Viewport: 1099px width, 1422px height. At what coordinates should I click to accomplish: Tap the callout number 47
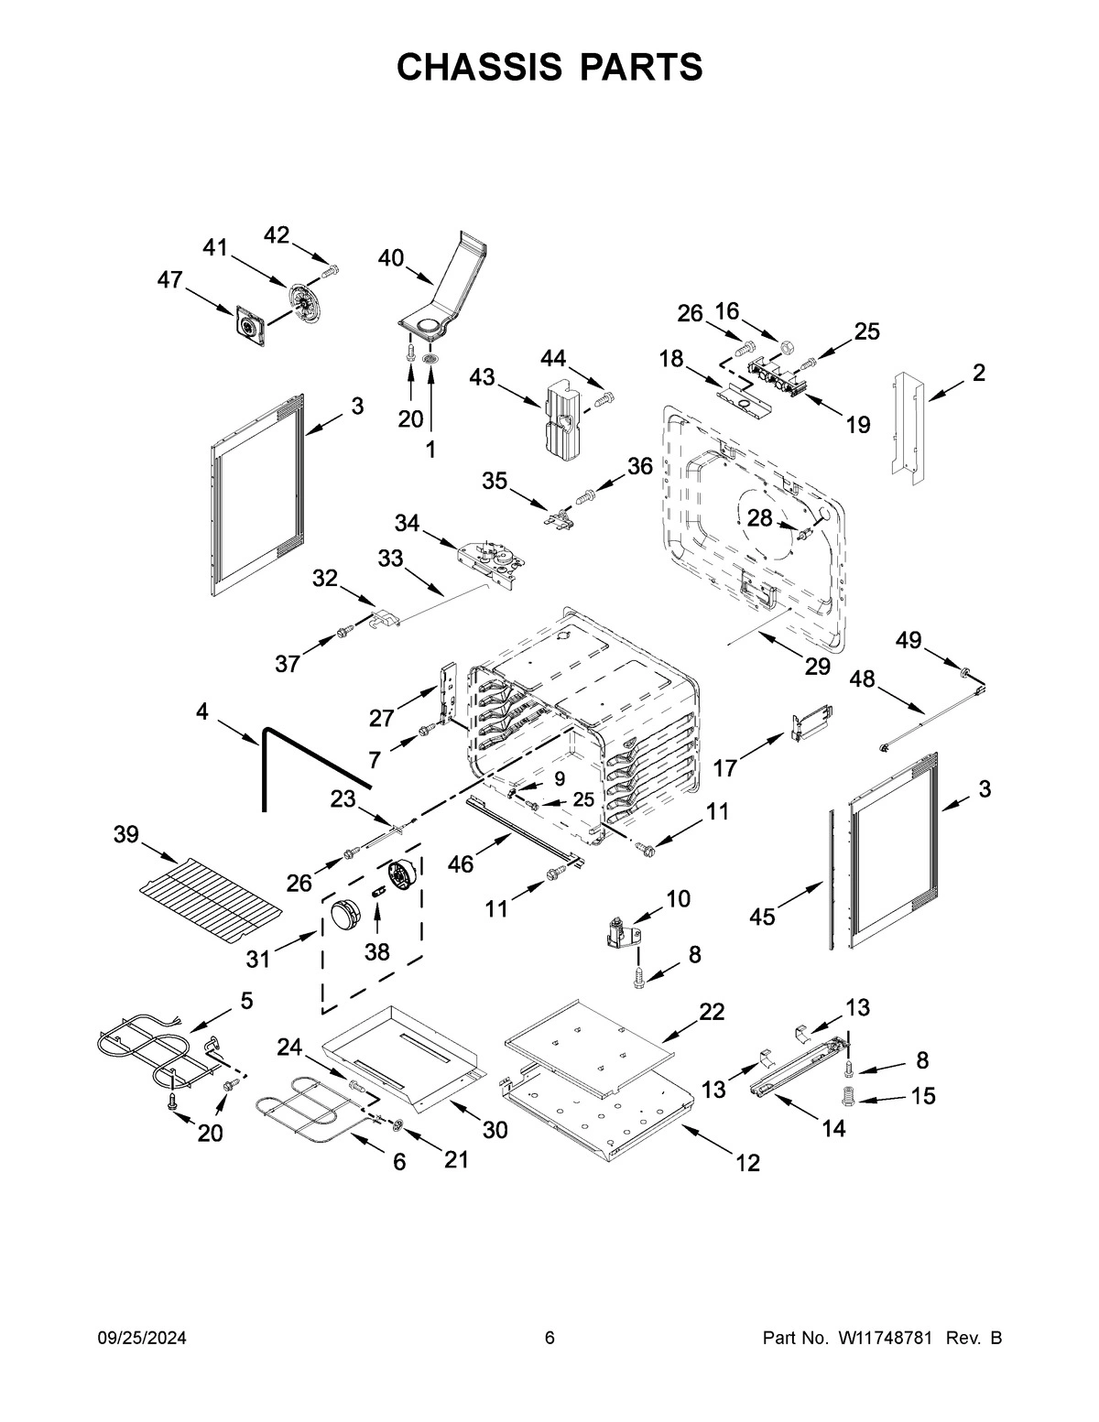click(169, 280)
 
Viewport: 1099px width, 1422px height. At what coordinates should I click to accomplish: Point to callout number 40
click(391, 258)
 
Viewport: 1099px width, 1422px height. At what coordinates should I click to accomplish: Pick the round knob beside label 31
click(347, 914)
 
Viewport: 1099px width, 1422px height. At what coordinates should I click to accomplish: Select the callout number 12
click(747, 1162)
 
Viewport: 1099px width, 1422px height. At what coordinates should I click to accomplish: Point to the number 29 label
click(817, 667)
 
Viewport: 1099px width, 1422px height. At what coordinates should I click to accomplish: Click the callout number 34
click(408, 523)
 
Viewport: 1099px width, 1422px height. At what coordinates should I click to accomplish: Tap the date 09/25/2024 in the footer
click(142, 1338)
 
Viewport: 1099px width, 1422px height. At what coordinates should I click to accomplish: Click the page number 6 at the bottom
click(549, 1338)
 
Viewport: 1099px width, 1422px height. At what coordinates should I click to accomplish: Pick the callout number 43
click(483, 376)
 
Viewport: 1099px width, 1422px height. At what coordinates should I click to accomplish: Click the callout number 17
click(724, 767)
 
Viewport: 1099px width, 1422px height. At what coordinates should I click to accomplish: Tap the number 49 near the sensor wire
click(909, 640)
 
